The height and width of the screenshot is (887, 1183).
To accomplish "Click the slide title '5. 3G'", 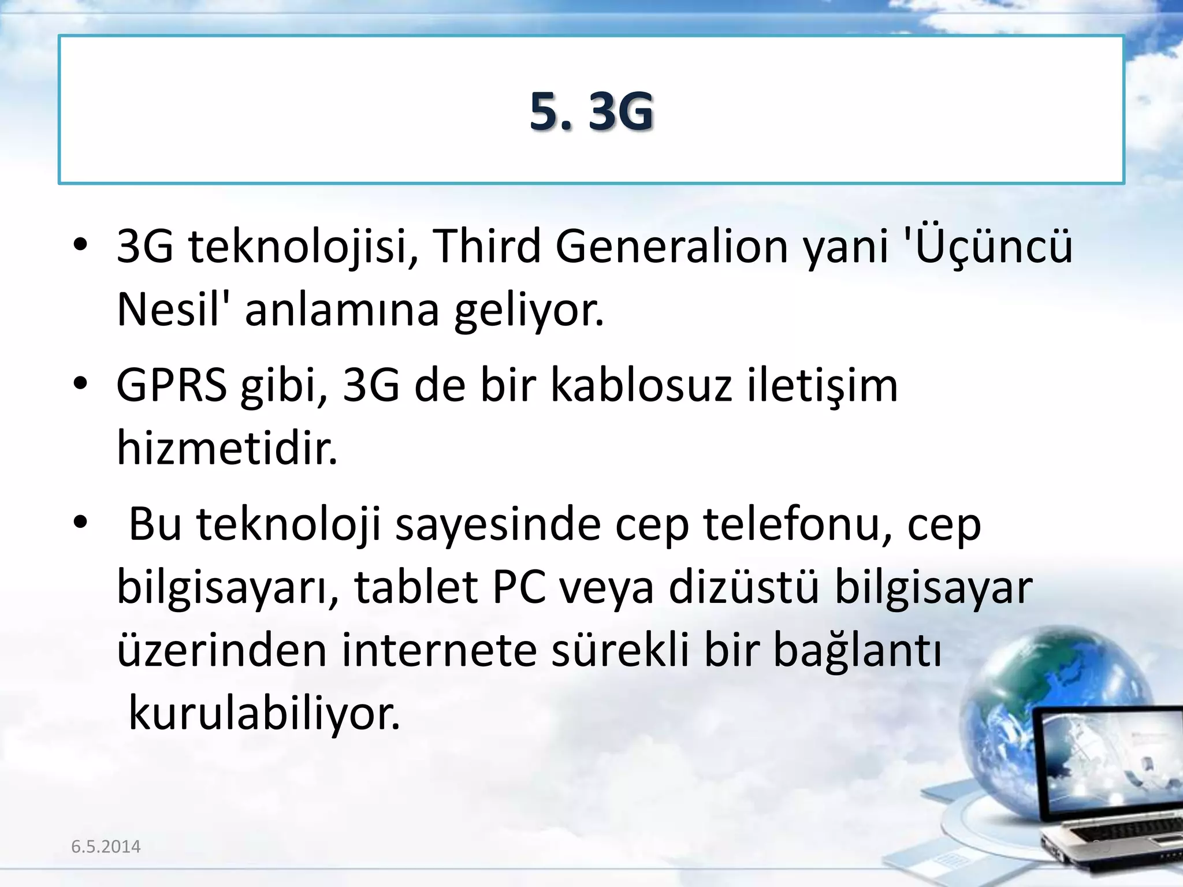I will pyautogui.click(x=591, y=111).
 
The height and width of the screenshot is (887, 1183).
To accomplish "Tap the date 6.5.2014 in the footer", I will pyautogui.click(x=106, y=847).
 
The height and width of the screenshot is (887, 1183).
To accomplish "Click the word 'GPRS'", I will pyautogui.click(x=172, y=386).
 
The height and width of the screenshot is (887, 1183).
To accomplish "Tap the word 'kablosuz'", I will pyautogui.click(x=641, y=386).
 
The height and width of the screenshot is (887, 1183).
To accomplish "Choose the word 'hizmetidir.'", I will pyautogui.click(x=227, y=449).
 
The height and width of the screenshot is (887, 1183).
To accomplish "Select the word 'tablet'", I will pyautogui.click(x=416, y=588).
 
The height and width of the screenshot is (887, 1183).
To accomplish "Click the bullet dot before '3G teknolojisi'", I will pyautogui.click(x=80, y=245).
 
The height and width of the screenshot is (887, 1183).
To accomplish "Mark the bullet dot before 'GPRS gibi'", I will pyautogui.click(x=80, y=384).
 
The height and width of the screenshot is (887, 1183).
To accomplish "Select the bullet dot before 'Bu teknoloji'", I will pyautogui.click(x=80, y=523).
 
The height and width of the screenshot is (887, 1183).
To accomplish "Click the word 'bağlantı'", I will pyautogui.click(x=857, y=651).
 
